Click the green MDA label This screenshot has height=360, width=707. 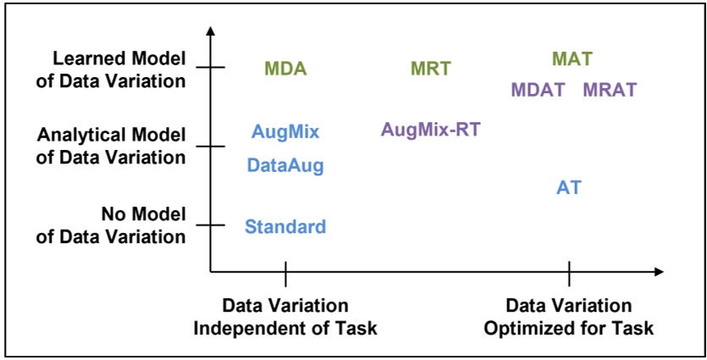click(x=285, y=69)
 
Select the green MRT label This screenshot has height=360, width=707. click(x=431, y=69)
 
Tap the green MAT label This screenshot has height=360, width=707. click(x=572, y=59)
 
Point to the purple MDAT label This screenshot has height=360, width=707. click(x=538, y=90)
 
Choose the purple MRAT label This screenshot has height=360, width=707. click(x=610, y=90)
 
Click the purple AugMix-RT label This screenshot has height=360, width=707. click(x=435, y=130)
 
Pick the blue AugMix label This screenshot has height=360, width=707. click(x=285, y=131)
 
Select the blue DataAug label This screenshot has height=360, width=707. click(x=285, y=166)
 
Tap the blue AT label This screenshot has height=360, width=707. click(x=569, y=188)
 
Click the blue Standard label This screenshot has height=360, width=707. click(x=285, y=227)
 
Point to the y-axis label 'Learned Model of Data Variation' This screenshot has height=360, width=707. click(x=119, y=70)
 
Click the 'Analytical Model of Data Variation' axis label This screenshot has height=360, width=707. click(x=110, y=146)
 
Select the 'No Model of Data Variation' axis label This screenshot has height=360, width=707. click(x=110, y=225)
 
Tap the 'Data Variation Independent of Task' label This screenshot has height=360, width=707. click(x=285, y=317)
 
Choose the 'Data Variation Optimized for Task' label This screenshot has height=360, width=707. click(x=569, y=317)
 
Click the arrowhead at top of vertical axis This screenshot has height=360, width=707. click(x=211, y=31)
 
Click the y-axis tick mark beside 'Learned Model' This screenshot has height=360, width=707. click(x=211, y=68)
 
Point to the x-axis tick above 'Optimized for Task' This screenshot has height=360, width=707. click(x=569, y=273)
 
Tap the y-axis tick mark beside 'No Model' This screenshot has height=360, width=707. click(x=211, y=224)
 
